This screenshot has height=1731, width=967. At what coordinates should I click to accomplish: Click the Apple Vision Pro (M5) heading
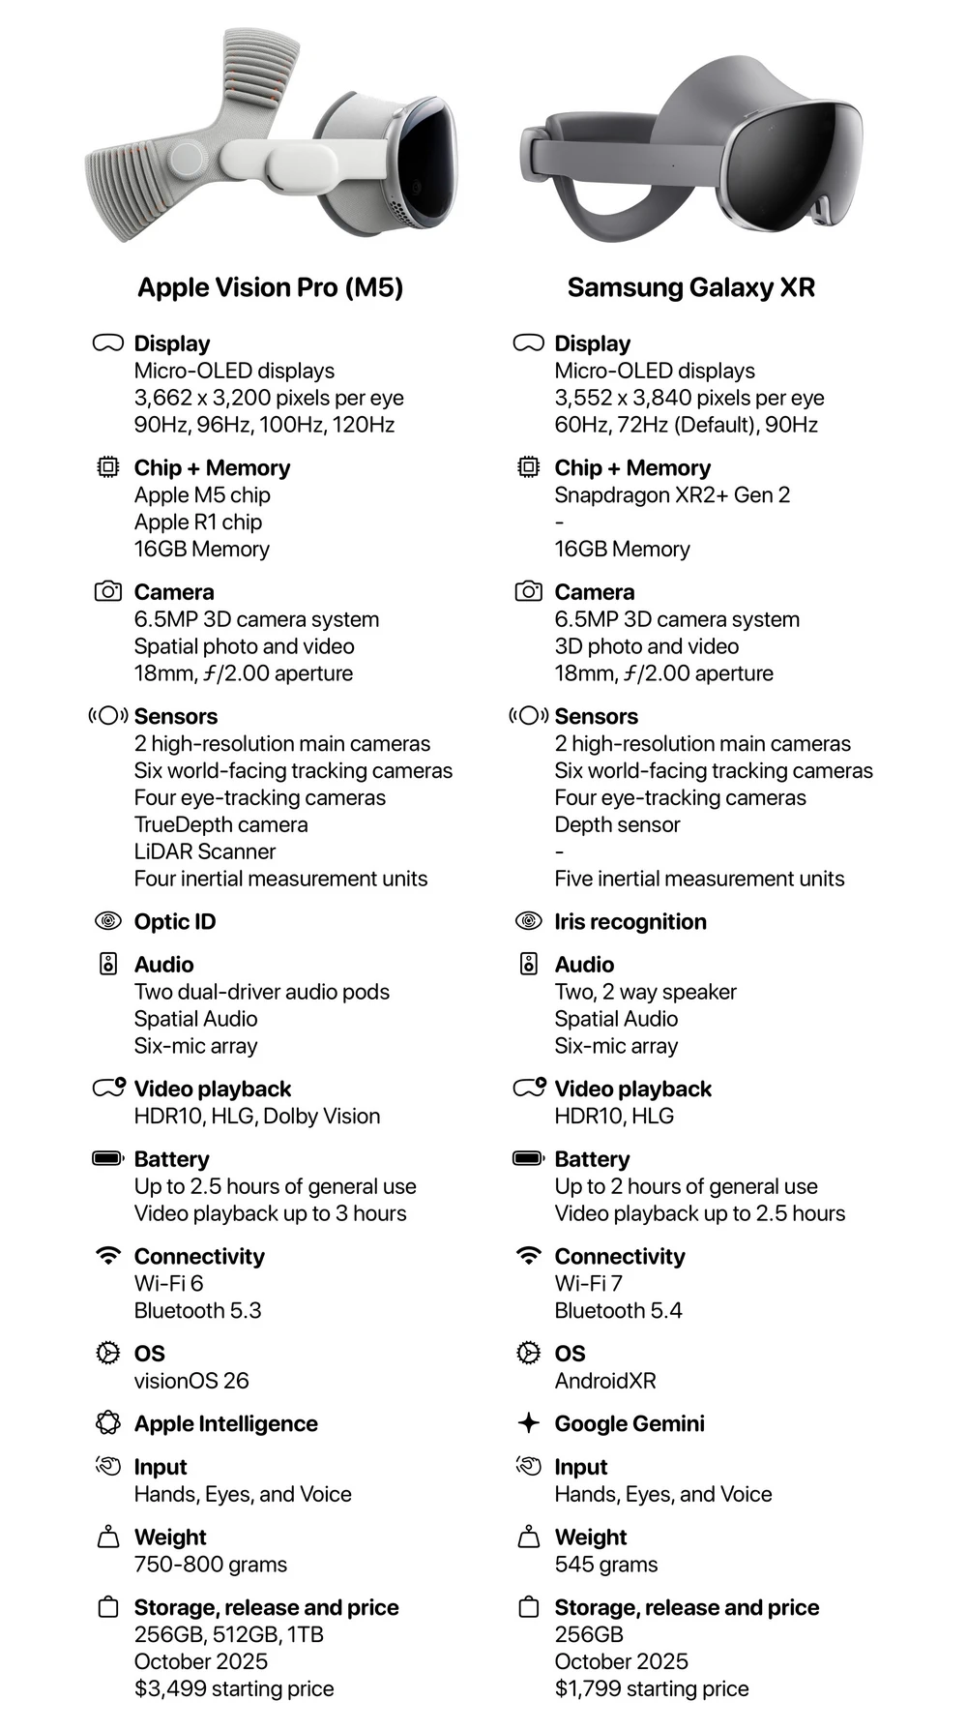tap(270, 287)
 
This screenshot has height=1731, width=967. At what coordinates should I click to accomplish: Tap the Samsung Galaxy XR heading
tap(690, 287)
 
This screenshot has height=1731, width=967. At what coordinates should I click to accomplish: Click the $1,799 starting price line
tap(651, 1688)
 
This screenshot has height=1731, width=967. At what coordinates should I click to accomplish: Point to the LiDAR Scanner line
tap(205, 851)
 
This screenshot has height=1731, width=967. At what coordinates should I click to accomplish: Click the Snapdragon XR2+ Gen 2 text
tap(672, 494)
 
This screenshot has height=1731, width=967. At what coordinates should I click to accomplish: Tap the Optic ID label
tap(175, 921)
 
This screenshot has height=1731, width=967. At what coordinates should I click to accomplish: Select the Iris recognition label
tap(630, 921)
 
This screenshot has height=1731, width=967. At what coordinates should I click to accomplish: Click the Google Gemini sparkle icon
tap(528, 1422)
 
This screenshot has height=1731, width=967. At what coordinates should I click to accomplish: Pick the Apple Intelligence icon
tap(108, 1422)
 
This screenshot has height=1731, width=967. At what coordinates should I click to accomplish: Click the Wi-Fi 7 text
tap(589, 1283)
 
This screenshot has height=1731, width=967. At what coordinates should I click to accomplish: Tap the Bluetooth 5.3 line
tap(197, 1310)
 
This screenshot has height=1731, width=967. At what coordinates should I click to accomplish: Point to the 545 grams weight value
tap(606, 1565)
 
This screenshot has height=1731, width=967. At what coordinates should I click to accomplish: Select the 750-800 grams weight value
tap(211, 1565)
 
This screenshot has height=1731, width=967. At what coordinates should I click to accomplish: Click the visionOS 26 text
tap(191, 1381)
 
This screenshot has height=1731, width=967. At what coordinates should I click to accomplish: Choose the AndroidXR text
tap(605, 1381)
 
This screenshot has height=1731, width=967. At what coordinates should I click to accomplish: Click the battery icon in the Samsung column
tap(528, 1158)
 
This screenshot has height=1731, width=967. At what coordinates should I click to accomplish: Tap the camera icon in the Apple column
tap(108, 591)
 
